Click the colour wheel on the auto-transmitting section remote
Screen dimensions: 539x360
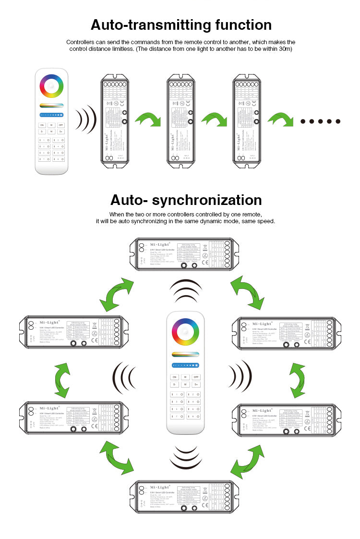click(x=51, y=86)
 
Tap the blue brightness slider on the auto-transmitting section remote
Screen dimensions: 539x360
click(x=51, y=115)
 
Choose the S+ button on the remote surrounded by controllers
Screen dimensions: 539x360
click(x=196, y=384)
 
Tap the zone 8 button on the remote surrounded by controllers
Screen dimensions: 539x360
click(x=192, y=416)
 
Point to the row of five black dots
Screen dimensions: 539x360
click(x=320, y=121)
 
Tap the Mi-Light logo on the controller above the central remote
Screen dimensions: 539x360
click(x=159, y=244)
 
